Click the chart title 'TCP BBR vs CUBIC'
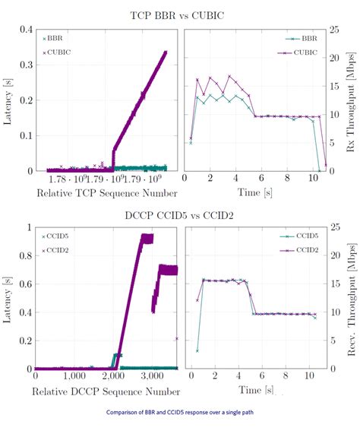click(x=180, y=15)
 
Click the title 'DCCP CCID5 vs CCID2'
click(x=180, y=215)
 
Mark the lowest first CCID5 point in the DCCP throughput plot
click(x=197, y=350)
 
